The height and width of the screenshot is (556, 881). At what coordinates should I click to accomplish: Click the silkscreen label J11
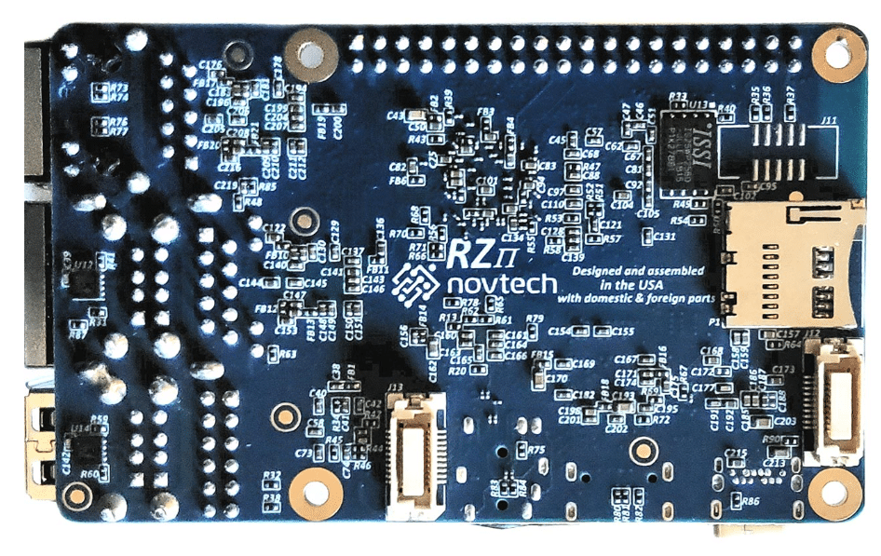[828, 120]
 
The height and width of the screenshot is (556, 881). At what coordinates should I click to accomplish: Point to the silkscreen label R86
[751, 501]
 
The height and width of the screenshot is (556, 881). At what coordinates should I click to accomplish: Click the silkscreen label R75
[536, 450]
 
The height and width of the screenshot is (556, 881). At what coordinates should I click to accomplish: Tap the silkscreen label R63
[288, 354]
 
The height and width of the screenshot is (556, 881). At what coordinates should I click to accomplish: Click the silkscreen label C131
[665, 237]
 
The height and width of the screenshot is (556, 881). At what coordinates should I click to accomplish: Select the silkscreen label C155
[622, 332]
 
